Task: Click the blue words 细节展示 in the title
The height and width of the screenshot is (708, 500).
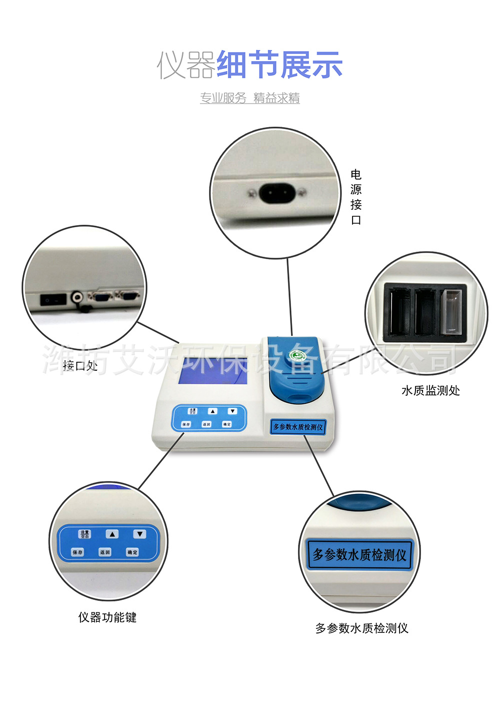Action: (x=279, y=65)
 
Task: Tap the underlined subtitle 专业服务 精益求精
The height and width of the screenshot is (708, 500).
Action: (x=250, y=98)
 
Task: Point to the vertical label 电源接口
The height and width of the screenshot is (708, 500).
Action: (x=356, y=197)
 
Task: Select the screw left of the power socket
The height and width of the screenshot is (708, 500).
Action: (x=250, y=192)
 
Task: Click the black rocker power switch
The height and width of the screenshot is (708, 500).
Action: (x=53, y=300)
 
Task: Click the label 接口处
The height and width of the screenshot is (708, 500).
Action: (x=80, y=366)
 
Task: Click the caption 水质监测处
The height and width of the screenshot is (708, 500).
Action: (x=430, y=391)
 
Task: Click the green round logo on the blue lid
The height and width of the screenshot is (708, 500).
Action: (x=297, y=357)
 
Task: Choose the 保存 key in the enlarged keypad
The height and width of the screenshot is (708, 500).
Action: (x=77, y=552)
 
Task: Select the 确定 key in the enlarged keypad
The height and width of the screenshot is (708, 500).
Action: (x=132, y=552)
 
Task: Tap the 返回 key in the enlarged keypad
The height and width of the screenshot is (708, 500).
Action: (x=105, y=552)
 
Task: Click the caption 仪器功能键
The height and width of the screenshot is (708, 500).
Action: (x=107, y=617)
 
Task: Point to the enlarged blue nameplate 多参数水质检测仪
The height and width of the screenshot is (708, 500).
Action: (x=359, y=554)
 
